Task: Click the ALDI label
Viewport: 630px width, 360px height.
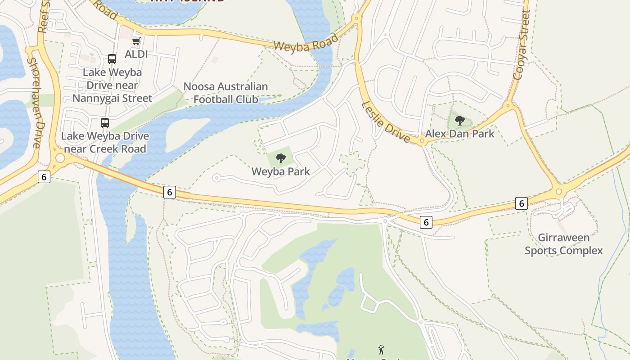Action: [x=136, y=54]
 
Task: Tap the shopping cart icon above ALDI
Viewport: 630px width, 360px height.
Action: [x=136, y=41]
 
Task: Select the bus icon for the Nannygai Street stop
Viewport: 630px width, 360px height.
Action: [x=112, y=59]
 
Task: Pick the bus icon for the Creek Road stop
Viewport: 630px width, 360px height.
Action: [x=105, y=122]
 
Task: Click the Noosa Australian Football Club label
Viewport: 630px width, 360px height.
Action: [x=225, y=93]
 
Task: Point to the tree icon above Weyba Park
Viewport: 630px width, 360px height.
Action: [x=281, y=158]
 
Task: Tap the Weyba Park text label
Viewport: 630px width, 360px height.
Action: [x=281, y=171]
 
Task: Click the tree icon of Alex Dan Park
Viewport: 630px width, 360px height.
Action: [x=459, y=120]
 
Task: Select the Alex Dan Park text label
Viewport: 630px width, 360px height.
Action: [x=459, y=134]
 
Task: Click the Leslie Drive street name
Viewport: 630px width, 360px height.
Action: [x=386, y=122]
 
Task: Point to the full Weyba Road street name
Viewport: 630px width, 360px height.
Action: [x=306, y=43]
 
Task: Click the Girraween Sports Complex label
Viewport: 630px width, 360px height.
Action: [x=563, y=244]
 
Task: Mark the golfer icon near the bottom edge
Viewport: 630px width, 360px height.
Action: [x=381, y=349]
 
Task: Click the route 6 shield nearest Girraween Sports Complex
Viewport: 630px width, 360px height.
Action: [x=521, y=203]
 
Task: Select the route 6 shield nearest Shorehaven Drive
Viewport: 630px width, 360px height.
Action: [x=44, y=177]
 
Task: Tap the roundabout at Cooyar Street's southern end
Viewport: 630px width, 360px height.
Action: [x=558, y=191]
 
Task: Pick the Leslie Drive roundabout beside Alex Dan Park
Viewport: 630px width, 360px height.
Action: [x=422, y=142]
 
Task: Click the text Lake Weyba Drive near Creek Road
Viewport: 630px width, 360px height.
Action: [x=105, y=142]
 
